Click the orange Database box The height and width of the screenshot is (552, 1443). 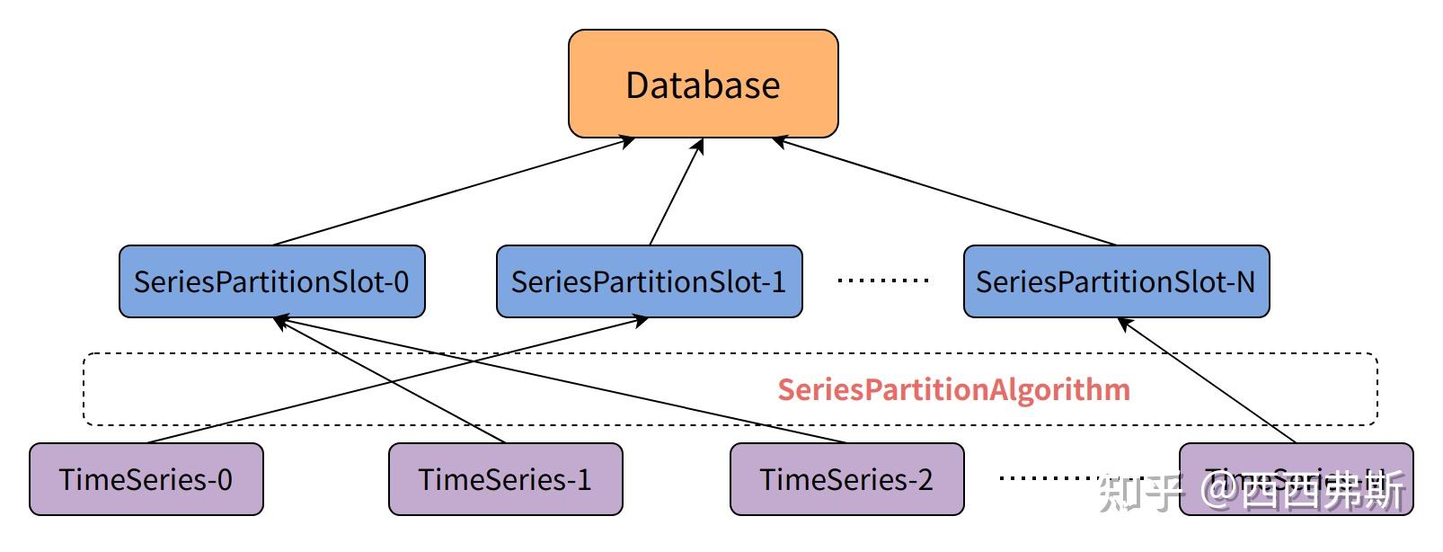[703, 84]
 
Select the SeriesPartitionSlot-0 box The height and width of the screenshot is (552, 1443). [271, 281]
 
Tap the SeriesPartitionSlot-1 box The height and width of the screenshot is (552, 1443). [649, 281]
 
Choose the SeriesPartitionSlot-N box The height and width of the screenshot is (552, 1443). [1116, 281]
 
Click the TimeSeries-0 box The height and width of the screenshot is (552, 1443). [146, 479]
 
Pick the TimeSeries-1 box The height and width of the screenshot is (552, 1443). [505, 479]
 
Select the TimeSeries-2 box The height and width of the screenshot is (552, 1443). [846, 479]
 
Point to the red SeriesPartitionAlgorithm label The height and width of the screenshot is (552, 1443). [953, 389]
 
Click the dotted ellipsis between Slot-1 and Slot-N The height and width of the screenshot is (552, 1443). [882, 280]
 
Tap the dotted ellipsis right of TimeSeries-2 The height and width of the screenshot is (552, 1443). [1047, 478]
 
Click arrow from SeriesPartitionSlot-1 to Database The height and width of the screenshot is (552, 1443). [676, 191]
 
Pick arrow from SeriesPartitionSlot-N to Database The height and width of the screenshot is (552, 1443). [943, 191]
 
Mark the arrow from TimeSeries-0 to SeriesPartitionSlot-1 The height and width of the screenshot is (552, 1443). [395, 380]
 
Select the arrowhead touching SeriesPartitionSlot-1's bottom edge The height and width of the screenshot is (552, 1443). [640, 320]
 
